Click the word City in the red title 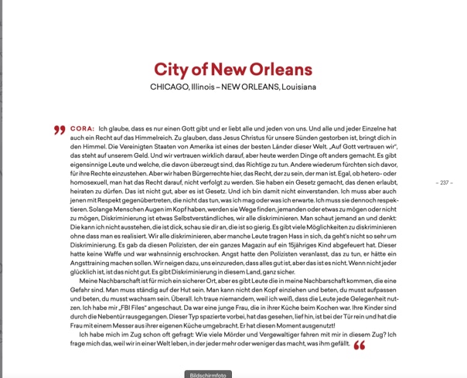[x=171, y=69]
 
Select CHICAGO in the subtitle [x=169, y=87]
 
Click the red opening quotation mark [x=59, y=130]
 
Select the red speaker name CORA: [x=82, y=127]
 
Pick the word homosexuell [x=92, y=182]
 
